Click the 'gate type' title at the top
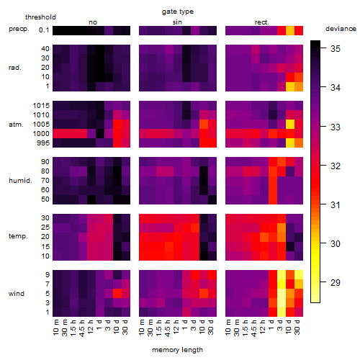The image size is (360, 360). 178,12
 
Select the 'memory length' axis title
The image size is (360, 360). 177,350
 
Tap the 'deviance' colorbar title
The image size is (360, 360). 341,29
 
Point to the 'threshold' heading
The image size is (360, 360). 40,17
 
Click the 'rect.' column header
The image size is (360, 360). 261,22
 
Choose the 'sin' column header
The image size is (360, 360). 177,22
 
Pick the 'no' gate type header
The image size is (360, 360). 93,22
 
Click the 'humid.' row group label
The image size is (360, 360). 20,181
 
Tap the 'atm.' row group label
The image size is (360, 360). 16,125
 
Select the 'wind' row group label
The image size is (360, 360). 17,294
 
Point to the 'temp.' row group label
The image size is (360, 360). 18,236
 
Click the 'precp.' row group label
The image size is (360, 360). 19,29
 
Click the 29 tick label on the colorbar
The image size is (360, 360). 336,282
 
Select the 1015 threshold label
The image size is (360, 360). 41,106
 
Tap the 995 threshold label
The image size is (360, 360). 43,143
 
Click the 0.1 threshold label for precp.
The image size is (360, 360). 44,30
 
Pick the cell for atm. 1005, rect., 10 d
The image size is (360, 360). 290,125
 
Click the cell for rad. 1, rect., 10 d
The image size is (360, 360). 290,86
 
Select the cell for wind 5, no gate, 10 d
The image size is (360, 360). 117,293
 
